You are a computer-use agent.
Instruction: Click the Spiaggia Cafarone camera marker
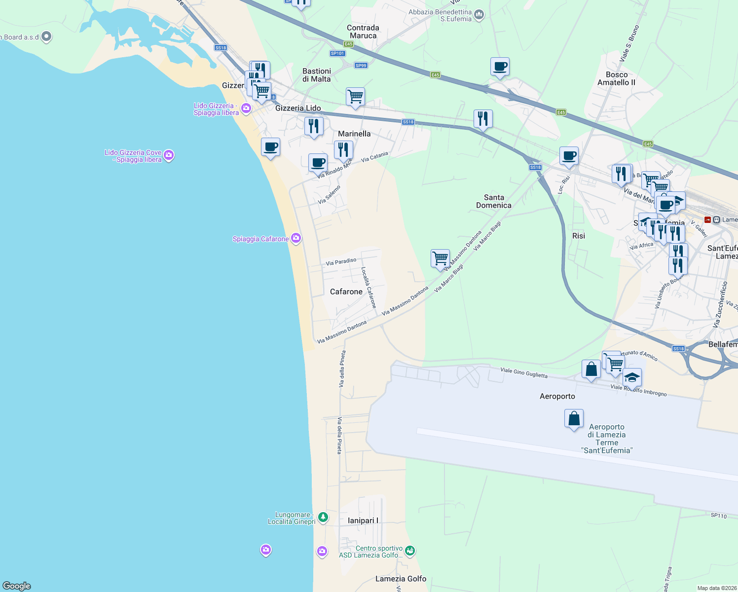296,239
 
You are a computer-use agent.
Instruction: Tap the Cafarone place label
346,292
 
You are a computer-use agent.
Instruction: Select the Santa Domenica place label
493,201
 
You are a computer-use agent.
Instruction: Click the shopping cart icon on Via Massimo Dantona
440,258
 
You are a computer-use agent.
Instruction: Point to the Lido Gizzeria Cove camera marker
169,156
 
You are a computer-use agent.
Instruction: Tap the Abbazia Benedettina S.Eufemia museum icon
479,16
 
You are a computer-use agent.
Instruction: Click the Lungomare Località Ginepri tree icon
323,517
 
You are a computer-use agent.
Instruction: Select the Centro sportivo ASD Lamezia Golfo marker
410,550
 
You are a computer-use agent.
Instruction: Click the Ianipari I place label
363,520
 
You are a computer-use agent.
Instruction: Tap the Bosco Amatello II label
616,78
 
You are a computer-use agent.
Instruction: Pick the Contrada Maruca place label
363,32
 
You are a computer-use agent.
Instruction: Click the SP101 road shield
337,53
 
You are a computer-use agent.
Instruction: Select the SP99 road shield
361,66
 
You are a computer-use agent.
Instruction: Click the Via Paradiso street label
341,261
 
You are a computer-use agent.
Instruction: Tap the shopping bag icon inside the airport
574,419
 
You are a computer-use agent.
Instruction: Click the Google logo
17,586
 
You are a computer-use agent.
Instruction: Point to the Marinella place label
354,134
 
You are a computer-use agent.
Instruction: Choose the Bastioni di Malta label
316,75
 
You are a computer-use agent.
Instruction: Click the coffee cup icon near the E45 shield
500,67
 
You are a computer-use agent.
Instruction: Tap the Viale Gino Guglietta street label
523,372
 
